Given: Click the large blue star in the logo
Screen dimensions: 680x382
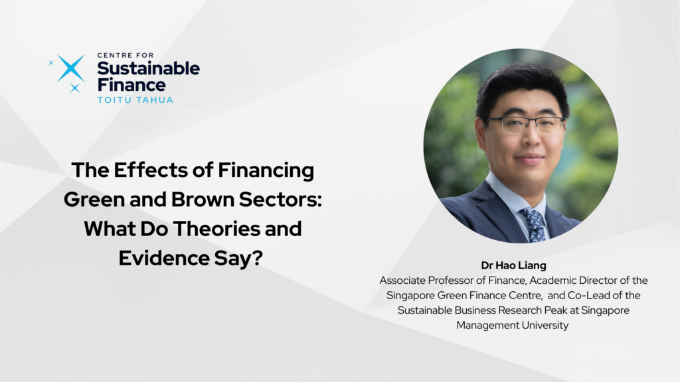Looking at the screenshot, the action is click(x=70, y=68).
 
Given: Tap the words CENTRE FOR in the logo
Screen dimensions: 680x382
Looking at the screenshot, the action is click(x=126, y=55).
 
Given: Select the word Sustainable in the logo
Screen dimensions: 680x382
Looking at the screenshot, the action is click(x=148, y=68).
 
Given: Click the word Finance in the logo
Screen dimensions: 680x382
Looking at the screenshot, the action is click(x=131, y=85).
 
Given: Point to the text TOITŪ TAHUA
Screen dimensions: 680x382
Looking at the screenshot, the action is click(x=135, y=100).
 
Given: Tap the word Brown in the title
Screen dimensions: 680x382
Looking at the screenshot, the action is click(x=203, y=199).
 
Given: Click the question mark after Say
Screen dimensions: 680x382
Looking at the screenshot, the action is click(x=257, y=258).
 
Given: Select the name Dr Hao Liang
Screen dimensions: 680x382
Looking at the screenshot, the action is click(x=513, y=265).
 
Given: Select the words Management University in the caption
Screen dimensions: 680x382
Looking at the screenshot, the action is click(x=512, y=325).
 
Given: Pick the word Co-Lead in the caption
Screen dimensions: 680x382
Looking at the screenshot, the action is click(x=586, y=295).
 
